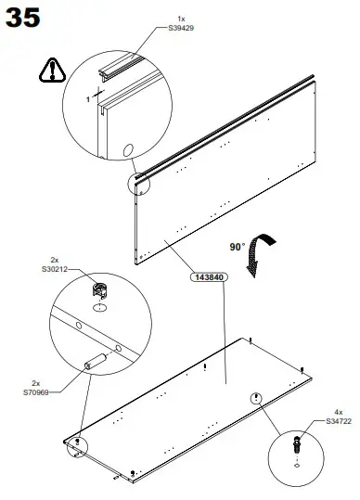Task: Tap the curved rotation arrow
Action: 262,250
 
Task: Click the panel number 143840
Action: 208,276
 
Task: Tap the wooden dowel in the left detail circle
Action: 96,363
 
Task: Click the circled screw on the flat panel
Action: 253,398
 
